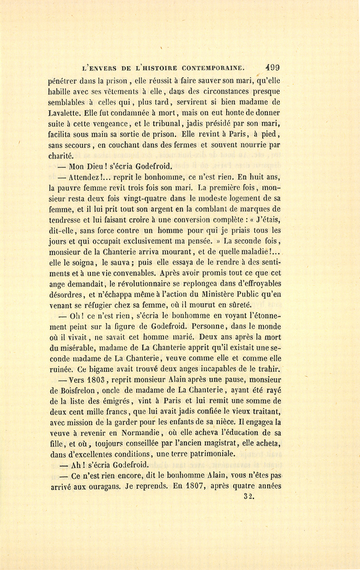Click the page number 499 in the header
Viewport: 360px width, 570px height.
tap(272, 68)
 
